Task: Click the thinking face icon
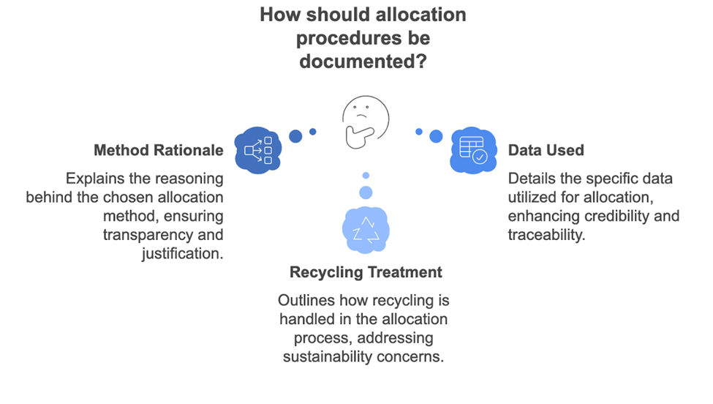[x=364, y=122]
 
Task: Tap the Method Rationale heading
[x=159, y=150]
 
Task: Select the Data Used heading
[x=546, y=150]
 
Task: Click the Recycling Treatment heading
[x=366, y=272]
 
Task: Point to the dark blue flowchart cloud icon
[x=258, y=150]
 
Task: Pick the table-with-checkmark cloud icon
[x=472, y=149]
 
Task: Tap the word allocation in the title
[x=413, y=15]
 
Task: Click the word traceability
[x=546, y=235]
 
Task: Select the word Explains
[x=94, y=178]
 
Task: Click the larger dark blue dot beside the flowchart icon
[x=295, y=136]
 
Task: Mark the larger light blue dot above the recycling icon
[x=366, y=192]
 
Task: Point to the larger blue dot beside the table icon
[x=436, y=136]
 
